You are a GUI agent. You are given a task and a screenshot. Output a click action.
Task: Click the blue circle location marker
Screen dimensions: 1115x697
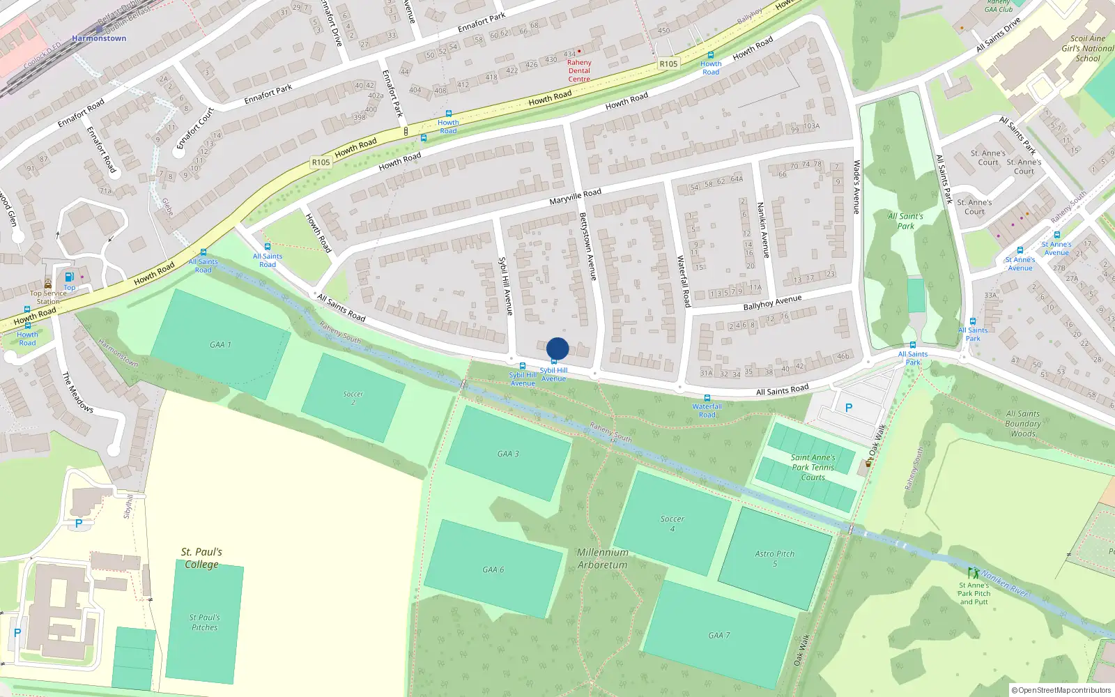point(557,348)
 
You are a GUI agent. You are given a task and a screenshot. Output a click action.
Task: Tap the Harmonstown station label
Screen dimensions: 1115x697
point(99,38)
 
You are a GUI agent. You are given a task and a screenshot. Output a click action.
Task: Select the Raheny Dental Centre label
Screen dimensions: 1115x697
point(579,70)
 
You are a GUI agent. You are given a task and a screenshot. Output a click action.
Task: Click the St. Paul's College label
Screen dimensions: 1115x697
point(201,558)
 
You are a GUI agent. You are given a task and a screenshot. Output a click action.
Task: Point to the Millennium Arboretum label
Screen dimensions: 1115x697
point(603,558)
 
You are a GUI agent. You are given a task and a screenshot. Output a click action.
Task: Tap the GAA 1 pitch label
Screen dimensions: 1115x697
point(220,344)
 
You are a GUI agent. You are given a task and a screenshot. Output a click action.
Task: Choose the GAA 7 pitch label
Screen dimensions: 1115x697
point(719,635)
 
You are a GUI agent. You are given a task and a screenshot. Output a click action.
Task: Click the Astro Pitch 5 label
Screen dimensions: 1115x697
point(774,558)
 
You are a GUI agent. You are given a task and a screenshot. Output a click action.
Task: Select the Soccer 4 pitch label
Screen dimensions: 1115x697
point(672,523)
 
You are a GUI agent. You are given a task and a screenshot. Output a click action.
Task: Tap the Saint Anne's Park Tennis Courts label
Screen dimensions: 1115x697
point(813,467)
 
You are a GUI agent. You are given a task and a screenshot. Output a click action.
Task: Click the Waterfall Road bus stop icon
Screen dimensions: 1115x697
point(707,398)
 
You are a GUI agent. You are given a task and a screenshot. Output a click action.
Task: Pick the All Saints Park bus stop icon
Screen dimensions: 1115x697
point(912,345)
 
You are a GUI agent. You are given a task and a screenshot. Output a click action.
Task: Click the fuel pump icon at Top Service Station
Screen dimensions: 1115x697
point(69,277)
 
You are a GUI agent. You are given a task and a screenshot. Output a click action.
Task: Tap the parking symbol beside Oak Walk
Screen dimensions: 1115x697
point(848,408)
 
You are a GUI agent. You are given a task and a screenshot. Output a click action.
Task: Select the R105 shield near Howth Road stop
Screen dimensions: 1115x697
point(668,63)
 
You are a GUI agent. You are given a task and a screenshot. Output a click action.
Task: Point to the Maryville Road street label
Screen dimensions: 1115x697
point(575,197)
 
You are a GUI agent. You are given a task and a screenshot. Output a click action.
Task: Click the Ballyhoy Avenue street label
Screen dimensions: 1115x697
point(772,302)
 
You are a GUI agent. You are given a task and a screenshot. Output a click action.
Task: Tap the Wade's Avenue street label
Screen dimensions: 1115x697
point(857,187)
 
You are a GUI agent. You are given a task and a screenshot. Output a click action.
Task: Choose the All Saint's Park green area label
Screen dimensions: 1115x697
point(905,221)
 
